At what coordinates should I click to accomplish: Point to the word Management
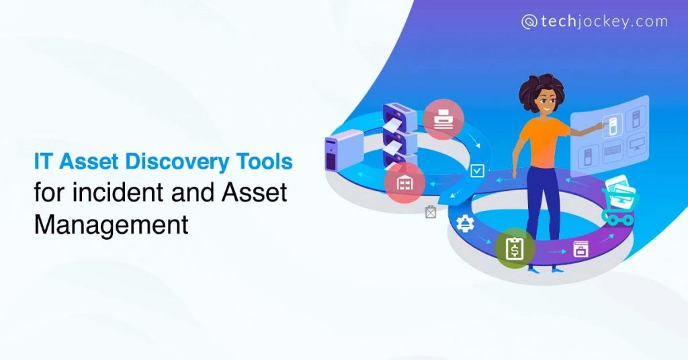point(111,224)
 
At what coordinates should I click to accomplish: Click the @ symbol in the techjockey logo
point(529,21)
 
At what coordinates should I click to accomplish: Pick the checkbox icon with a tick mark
point(478,171)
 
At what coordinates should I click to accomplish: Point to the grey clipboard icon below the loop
point(431,212)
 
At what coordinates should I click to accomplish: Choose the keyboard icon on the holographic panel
point(611,152)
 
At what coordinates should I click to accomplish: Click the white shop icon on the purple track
point(580,251)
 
